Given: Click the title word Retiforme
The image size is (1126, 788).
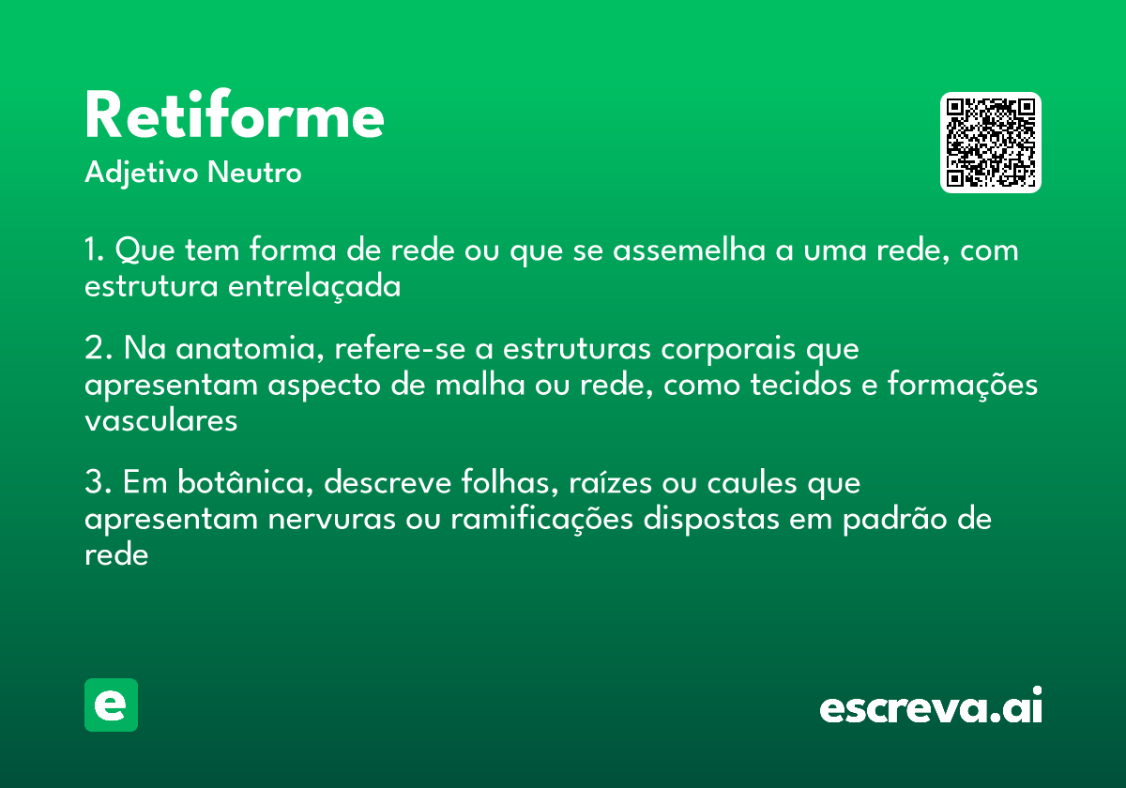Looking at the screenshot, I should click(235, 116).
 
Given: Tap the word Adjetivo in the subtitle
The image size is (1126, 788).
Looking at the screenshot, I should click(142, 174).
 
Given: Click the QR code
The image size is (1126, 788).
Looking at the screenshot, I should click(990, 143).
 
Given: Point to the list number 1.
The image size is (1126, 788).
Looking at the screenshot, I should click(93, 251).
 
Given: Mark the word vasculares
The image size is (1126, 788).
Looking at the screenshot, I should click(160, 421).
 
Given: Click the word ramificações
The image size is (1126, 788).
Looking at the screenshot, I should click(541, 520).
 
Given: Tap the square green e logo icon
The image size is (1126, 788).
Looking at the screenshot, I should click(111, 705).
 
